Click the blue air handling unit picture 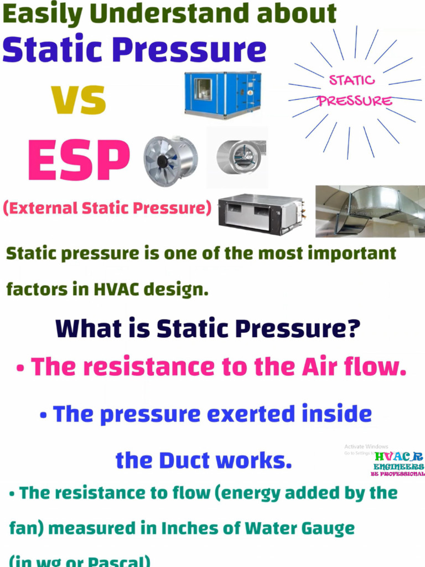[222, 95]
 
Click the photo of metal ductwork [370, 211]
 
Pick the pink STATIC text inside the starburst [352, 81]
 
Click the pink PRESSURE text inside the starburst [355, 101]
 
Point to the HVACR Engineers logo [398, 464]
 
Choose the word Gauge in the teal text [326, 528]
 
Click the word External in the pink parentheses [43, 208]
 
